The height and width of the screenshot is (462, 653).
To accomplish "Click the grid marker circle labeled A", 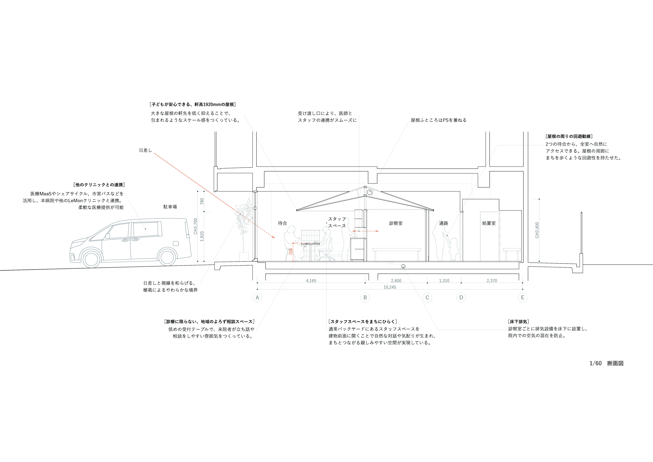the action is click(257, 298).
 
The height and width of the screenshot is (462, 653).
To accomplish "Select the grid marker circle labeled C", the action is click(427, 298).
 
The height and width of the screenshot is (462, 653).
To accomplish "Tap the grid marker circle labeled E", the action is click(522, 298).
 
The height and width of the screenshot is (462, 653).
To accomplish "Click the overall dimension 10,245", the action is click(390, 287).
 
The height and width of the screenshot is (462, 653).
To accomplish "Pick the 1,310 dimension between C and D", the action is click(444, 281).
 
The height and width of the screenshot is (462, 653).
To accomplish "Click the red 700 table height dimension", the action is click(290, 252).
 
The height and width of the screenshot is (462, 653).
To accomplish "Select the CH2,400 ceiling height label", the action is click(537, 230).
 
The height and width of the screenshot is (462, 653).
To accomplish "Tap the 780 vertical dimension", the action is click(202, 201).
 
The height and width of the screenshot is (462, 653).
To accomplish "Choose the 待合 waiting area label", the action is click(282, 223).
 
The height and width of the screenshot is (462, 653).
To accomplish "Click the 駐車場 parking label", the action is click(170, 207).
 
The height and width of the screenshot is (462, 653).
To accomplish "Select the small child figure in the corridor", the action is click(453, 249).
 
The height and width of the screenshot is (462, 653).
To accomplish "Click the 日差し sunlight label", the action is click(145, 150).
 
